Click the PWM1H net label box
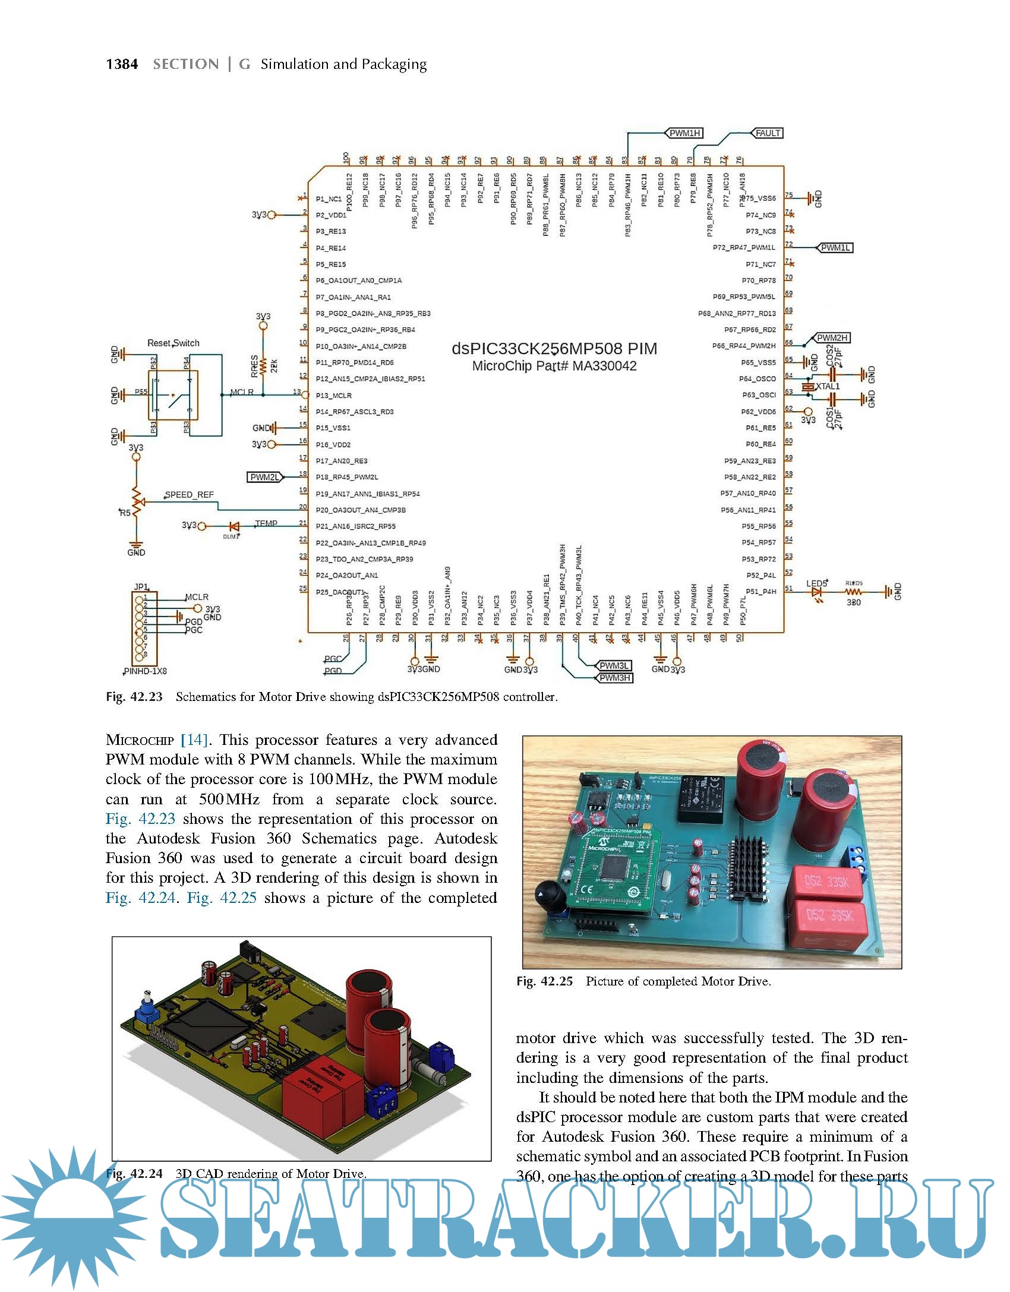tap(685, 133)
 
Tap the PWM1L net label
tap(835, 248)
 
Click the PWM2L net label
tap(264, 477)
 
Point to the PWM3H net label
tap(615, 678)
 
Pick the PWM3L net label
tap(614, 666)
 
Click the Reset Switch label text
tap(173, 343)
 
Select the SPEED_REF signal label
tap(189, 494)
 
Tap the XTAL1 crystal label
tap(827, 387)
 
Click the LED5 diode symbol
tap(818, 592)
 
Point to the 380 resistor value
tap(854, 602)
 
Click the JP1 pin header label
tap(140, 587)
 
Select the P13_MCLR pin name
tap(333, 395)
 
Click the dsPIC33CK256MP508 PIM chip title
tap(554, 349)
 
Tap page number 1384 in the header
tap(122, 64)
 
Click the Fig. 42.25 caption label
tap(544, 981)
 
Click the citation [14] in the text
tap(194, 740)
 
